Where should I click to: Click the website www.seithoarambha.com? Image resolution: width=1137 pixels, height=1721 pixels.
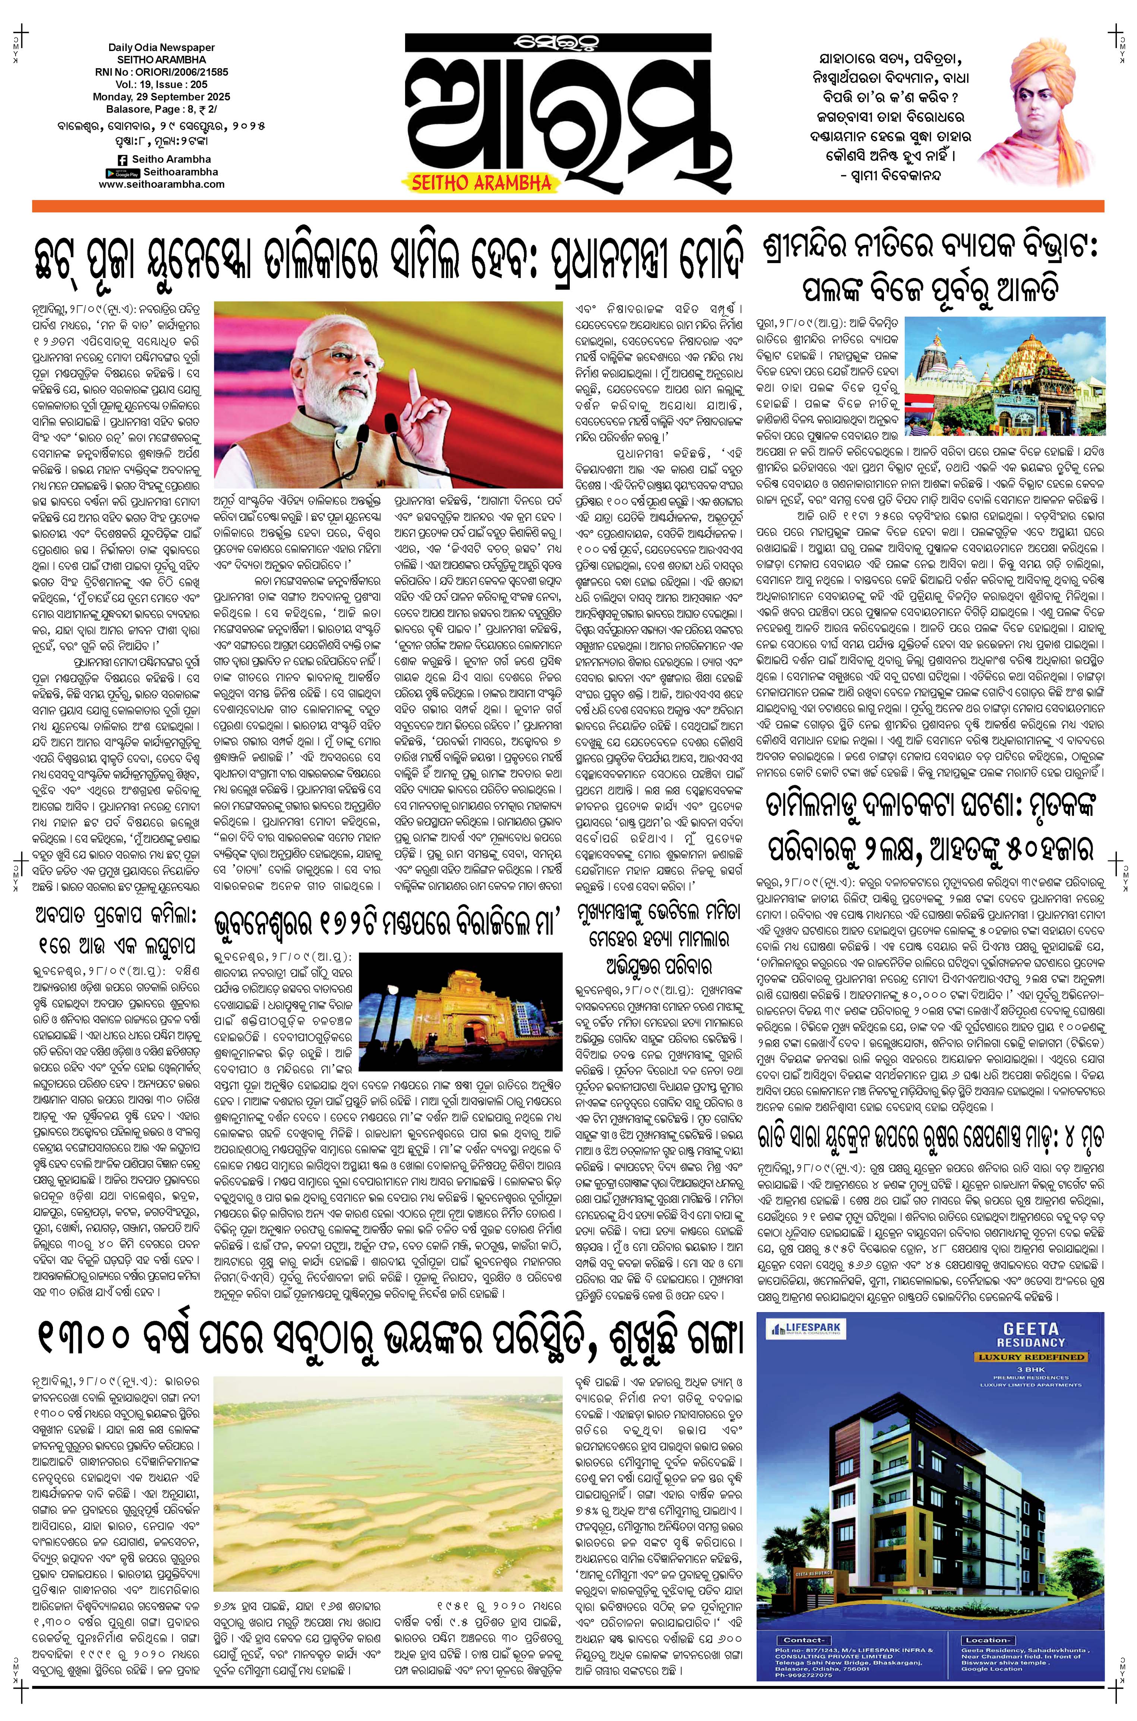click(x=161, y=184)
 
